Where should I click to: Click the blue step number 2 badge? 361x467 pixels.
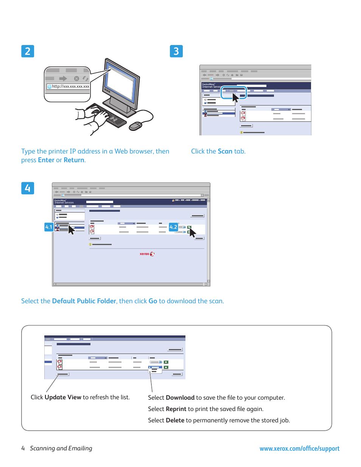(x=28, y=51)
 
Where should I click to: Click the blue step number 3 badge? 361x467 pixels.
(x=176, y=51)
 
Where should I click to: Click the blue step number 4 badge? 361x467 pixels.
(x=28, y=188)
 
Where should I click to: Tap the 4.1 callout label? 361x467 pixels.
(x=49, y=227)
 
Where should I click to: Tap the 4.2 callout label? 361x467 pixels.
(x=173, y=227)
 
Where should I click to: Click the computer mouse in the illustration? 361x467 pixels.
(x=135, y=126)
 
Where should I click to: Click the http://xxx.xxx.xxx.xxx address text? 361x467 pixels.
(x=70, y=87)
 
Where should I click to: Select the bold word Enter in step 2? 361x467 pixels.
(x=46, y=160)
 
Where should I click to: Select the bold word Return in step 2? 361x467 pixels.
(x=74, y=160)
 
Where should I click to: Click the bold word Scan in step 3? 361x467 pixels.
(x=225, y=151)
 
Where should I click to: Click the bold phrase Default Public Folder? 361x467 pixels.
(x=84, y=301)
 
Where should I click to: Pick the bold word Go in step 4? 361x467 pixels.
(x=153, y=301)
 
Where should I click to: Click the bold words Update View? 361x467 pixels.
(x=63, y=397)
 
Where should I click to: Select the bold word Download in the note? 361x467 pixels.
(x=180, y=397)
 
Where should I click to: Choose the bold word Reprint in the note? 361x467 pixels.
(x=176, y=409)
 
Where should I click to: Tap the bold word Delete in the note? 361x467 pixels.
(x=175, y=420)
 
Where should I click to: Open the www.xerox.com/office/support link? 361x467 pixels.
(x=299, y=448)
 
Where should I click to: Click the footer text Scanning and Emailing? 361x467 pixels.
(x=61, y=448)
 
